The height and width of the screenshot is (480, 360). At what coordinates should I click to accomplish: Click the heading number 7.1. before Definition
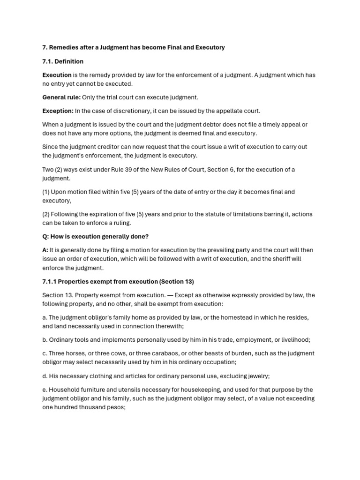pyautogui.click(x=48, y=61)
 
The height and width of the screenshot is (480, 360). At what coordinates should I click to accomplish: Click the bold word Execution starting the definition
pyautogui.click(x=57, y=75)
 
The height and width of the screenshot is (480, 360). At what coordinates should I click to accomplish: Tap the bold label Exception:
pyautogui.click(x=58, y=111)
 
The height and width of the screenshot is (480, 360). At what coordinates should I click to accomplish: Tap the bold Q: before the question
pyautogui.click(x=46, y=236)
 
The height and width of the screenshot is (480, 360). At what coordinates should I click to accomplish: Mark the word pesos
pyautogui.click(x=117, y=407)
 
